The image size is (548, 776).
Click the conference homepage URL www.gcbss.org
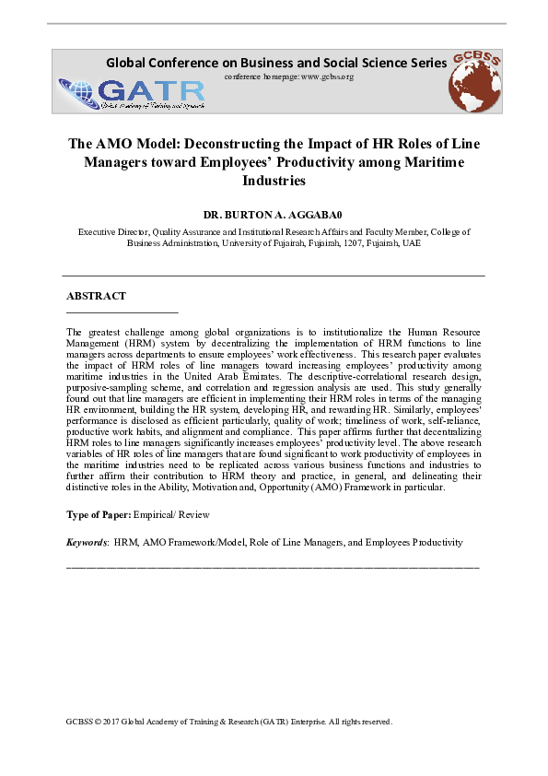[x=327, y=76]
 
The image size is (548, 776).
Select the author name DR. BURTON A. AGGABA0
[x=273, y=214]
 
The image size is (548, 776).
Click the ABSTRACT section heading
[x=96, y=296]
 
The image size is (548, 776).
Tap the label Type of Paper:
[x=99, y=513]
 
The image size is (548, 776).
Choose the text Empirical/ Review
[x=172, y=513]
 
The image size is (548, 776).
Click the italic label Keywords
[x=87, y=543]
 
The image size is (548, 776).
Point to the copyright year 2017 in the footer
[x=111, y=722]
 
